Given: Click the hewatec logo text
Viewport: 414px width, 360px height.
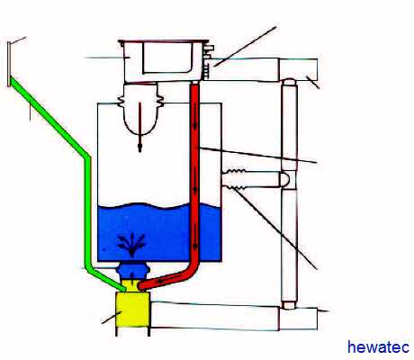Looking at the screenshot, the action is tap(378, 347).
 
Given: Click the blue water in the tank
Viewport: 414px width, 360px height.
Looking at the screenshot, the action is tap(159, 231).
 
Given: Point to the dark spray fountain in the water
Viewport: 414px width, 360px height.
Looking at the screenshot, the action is tap(131, 245).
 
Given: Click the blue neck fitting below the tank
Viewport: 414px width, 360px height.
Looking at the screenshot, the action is tap(132, 271).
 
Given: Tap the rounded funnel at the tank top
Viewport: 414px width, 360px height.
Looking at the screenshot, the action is tap(140, 110).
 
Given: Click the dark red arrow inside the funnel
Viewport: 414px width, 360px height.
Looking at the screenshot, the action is tap(139, 128).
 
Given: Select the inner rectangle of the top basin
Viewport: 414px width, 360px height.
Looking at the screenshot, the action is tap(167, 58).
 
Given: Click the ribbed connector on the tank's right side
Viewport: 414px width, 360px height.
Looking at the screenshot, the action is tap(236, 179).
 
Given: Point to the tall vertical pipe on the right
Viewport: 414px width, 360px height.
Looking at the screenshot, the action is tap(290, 193).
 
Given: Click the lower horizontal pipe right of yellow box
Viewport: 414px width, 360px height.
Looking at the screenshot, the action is tap(214, 316).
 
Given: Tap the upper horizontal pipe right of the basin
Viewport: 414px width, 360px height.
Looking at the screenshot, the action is tap(245, 69).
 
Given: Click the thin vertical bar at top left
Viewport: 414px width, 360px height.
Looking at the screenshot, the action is tap(9, 64).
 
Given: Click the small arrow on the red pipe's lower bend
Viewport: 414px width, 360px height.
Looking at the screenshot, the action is tap(162, 281).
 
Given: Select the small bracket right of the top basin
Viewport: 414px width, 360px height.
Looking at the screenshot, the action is tap(208, 61).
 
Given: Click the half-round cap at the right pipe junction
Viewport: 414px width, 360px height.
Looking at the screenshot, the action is tap(285, 179).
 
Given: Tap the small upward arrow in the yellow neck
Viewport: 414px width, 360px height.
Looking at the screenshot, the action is tap(132, 276).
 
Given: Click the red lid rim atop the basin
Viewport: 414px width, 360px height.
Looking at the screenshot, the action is tap(164, 41).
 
